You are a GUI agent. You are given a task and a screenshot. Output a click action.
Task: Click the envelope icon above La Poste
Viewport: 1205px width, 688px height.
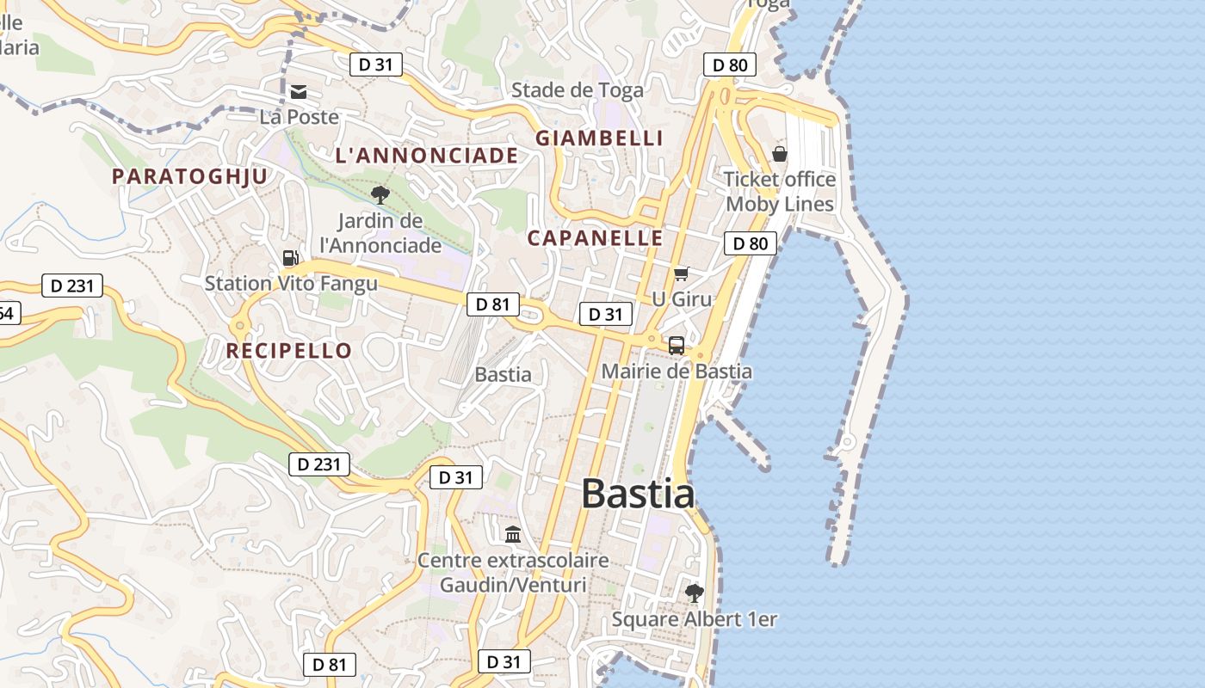299,92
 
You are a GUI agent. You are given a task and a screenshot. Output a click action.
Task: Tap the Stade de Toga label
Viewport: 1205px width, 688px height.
578,89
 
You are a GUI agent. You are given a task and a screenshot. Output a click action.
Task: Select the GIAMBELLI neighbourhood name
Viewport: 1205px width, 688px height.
600,138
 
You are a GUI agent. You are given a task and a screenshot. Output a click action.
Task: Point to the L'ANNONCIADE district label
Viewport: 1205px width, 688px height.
427,156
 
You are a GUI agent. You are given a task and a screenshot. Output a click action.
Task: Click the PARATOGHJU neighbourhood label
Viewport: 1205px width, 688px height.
190,176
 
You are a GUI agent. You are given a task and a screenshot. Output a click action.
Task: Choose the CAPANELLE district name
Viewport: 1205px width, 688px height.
596,238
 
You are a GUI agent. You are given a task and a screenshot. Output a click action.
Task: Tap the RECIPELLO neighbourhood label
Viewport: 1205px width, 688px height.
289,350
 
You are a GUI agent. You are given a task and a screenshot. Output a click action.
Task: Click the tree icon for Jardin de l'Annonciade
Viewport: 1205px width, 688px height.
380,195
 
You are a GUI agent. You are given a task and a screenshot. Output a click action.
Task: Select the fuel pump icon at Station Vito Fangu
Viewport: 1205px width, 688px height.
291,258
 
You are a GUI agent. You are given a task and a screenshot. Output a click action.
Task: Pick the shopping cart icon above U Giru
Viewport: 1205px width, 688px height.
682,274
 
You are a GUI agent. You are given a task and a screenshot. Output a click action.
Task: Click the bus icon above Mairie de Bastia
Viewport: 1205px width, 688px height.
677,346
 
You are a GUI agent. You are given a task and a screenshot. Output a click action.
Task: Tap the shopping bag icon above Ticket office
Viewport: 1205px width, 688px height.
780,154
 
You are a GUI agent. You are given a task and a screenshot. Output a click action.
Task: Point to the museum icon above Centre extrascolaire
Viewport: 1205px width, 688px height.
514,534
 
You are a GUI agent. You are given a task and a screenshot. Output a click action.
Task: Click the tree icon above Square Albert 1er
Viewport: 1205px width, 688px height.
694,593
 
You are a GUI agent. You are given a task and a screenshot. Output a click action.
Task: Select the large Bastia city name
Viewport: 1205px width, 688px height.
638,494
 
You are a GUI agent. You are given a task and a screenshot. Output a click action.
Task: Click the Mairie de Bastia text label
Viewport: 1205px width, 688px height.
677,372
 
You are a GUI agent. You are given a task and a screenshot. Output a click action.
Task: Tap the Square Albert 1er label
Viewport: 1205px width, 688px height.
695,619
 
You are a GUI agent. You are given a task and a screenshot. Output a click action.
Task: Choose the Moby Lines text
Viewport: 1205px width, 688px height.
781,204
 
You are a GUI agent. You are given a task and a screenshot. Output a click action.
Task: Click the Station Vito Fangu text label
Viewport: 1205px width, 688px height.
291,283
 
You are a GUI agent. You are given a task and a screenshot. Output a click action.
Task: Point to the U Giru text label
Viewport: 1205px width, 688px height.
683,299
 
